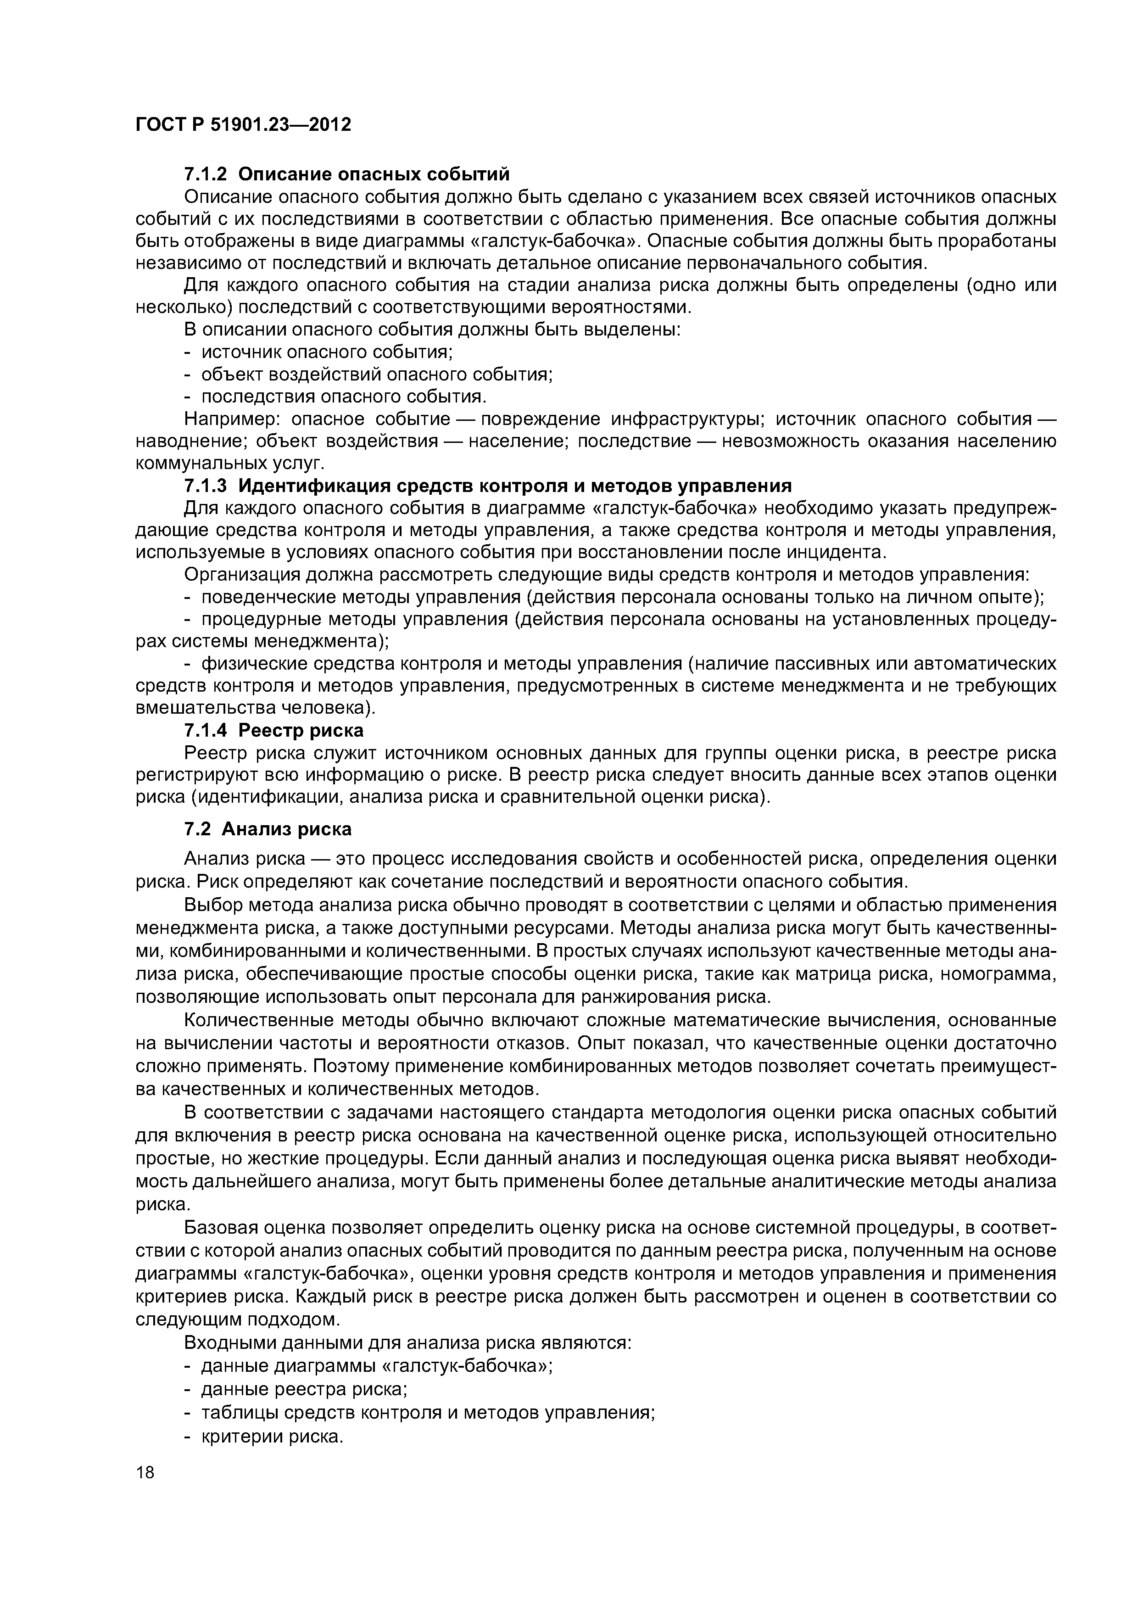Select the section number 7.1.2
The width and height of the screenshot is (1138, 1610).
click(206, 174)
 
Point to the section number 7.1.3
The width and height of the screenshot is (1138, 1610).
click(206, 486)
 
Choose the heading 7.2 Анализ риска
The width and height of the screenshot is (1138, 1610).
click(267, 829)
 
